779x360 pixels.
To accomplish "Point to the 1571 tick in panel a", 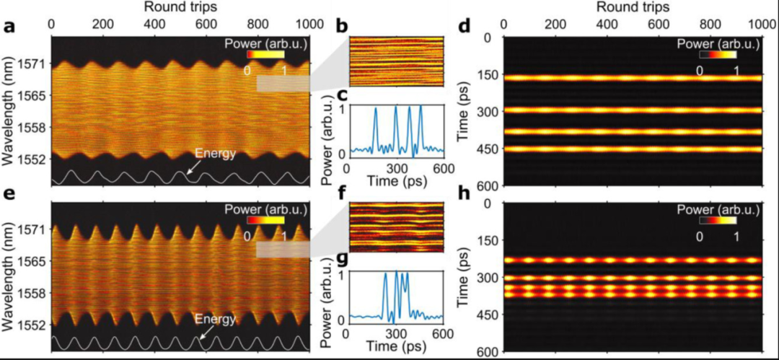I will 35,63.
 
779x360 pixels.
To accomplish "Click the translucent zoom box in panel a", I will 283,84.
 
